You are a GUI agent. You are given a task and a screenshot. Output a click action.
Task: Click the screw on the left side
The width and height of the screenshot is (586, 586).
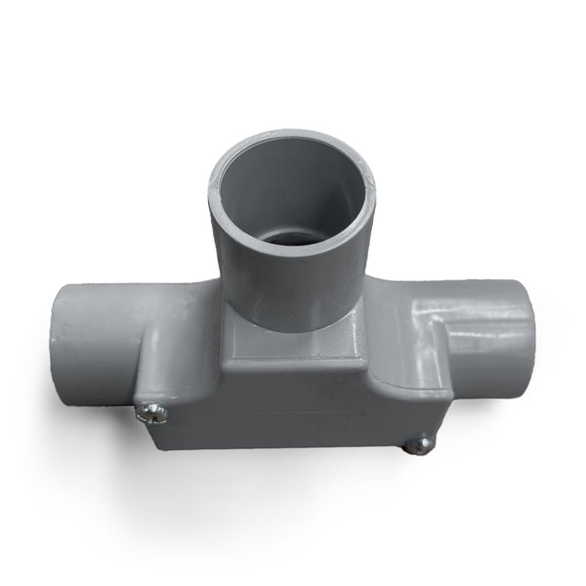tap(151, 413)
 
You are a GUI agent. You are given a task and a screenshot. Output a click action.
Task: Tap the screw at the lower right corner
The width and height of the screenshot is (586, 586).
tap(419, 445)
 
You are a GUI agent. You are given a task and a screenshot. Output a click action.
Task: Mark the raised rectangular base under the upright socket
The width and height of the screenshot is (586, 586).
tap(293, 352)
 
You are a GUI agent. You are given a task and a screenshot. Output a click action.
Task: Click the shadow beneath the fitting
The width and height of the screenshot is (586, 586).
tap(293, 488)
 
